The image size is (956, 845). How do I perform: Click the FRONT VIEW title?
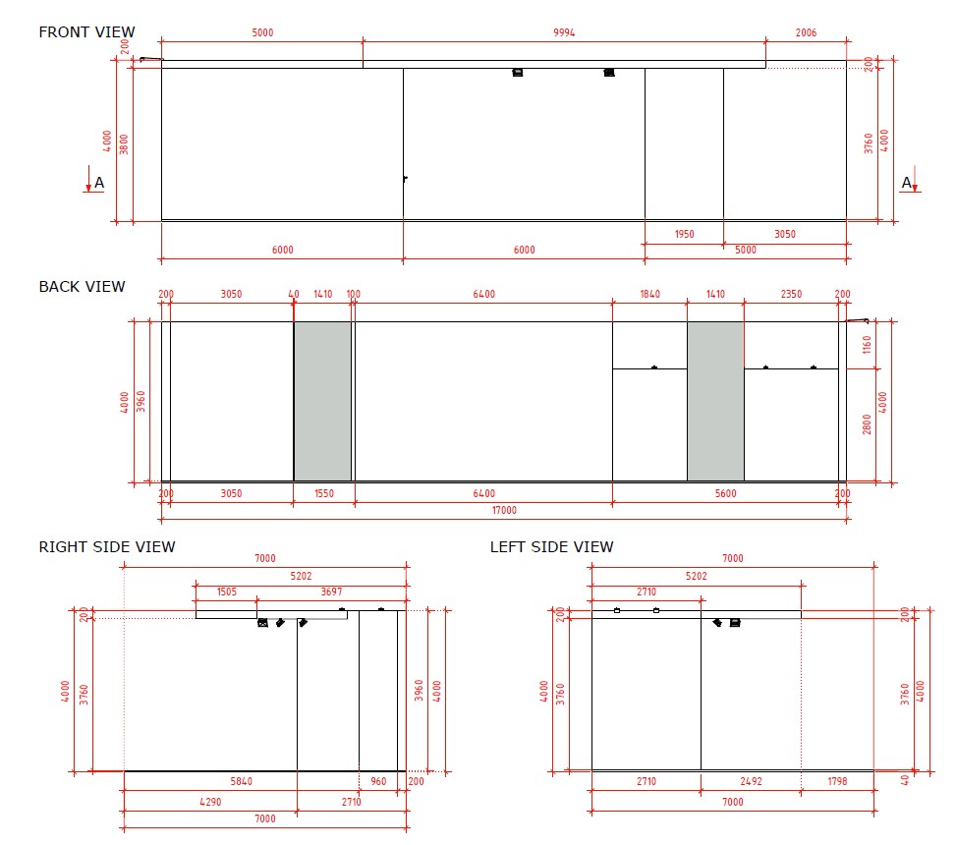[x=86, y=32]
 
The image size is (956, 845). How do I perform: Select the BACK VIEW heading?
[x=82, y=287]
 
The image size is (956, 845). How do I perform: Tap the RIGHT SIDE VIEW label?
[x=107, y=547]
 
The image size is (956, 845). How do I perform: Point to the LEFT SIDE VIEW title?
[x=552, y=547]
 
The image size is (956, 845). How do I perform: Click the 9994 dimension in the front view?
[x=564, y=32]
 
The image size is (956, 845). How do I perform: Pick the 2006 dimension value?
[x=806, y=32]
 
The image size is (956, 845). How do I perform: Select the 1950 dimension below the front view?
[x=684, y=234]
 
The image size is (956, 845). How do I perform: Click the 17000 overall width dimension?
[x=504, y=510]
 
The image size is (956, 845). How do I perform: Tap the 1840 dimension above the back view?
[x=649, y=294]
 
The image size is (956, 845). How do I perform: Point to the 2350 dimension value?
[x=791, y=294]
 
